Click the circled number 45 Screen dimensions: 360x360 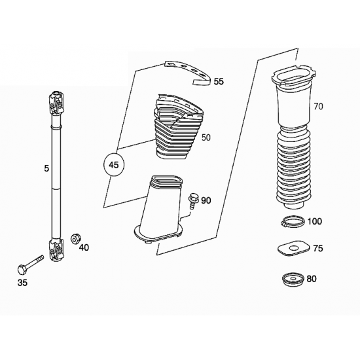coord(114,165)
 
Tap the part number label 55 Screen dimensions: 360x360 coord(219,82)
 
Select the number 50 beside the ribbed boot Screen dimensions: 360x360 coord(206,137)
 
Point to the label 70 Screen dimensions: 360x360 coord(318,106)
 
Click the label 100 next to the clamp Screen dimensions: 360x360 coord(315,221)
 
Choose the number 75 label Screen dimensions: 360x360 coord(318,248)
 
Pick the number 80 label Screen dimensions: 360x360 coord(312,279)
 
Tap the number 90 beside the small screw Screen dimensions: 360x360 coord(206,201)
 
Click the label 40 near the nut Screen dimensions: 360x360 coord(84,247)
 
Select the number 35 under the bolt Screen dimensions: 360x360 coord(22,283)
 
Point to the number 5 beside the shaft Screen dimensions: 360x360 coord(46,169)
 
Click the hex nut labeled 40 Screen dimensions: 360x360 coord(75,239)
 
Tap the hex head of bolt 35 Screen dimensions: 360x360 coord(22,269)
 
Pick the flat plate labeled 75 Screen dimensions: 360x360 coord(293,249)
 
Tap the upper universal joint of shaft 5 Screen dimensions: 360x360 coord(56,103)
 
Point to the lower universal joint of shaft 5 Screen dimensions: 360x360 coord(56,251)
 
